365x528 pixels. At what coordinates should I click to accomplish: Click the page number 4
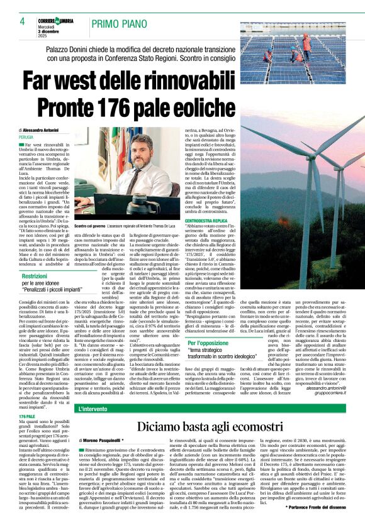click(x=22, y=21)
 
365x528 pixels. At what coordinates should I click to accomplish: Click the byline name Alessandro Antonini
click(x=51, y=130)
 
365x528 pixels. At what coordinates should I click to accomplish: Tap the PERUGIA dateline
click(x=26, y=136)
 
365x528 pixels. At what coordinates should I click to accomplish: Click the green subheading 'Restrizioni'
click(x=35, y=258)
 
